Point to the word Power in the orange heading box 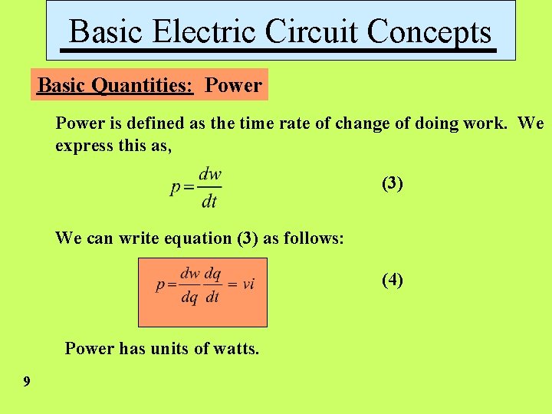click(233, 85)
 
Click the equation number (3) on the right click(393, 183)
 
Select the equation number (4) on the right click(393, 280)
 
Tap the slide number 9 click(27, 381)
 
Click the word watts click(235, 349)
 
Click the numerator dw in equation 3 click(210, 174)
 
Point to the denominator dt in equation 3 click(209, 202)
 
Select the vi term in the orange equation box click(248, 284)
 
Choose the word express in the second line click(82, 146)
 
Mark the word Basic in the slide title click(107, 31)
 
